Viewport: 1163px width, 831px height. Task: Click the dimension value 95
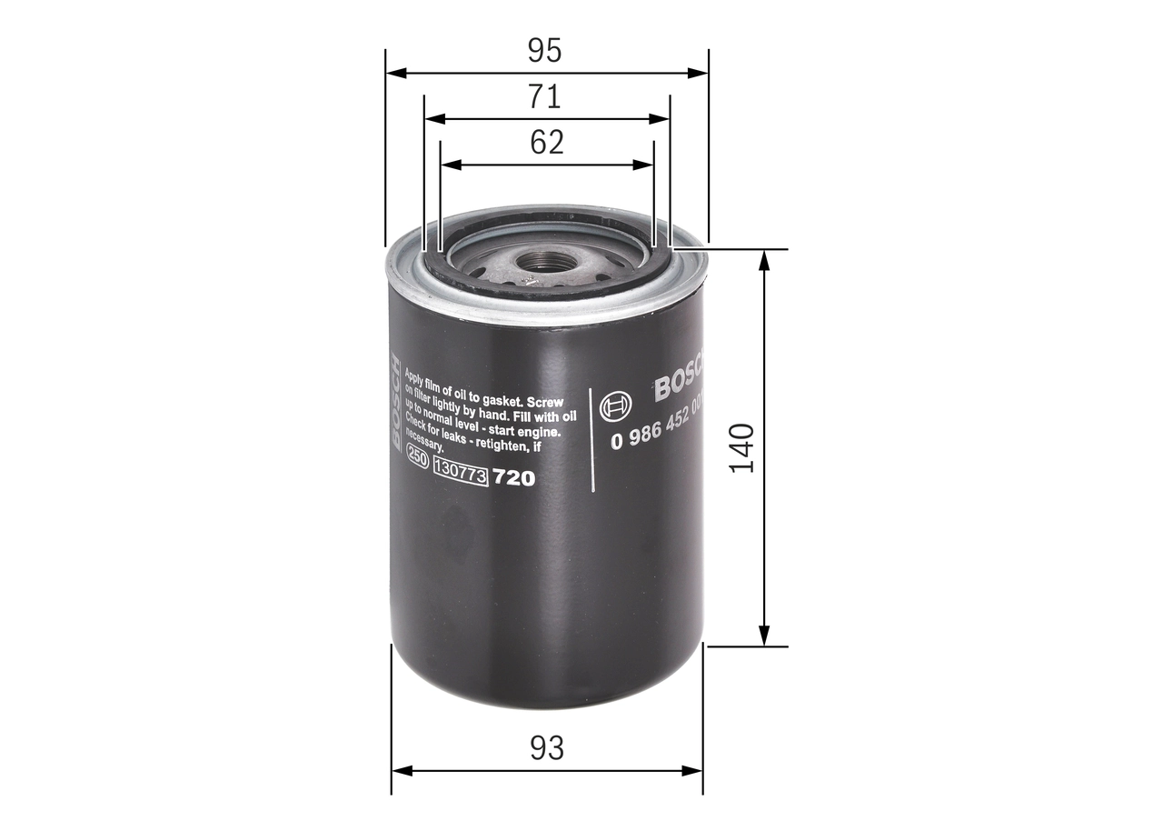pos(545,51)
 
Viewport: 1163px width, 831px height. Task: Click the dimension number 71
pos(545,96)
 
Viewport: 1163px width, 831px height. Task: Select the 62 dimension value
pos(547,143)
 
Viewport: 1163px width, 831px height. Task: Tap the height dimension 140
pos(742,446)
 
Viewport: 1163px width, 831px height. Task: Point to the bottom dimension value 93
pos(547,748)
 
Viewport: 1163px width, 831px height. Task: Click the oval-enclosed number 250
pos(418,459)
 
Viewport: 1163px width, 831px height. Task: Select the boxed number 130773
pos(462,473)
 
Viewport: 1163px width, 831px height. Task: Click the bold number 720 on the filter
pos(513,478)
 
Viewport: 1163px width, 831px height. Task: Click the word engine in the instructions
pos(542,432)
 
